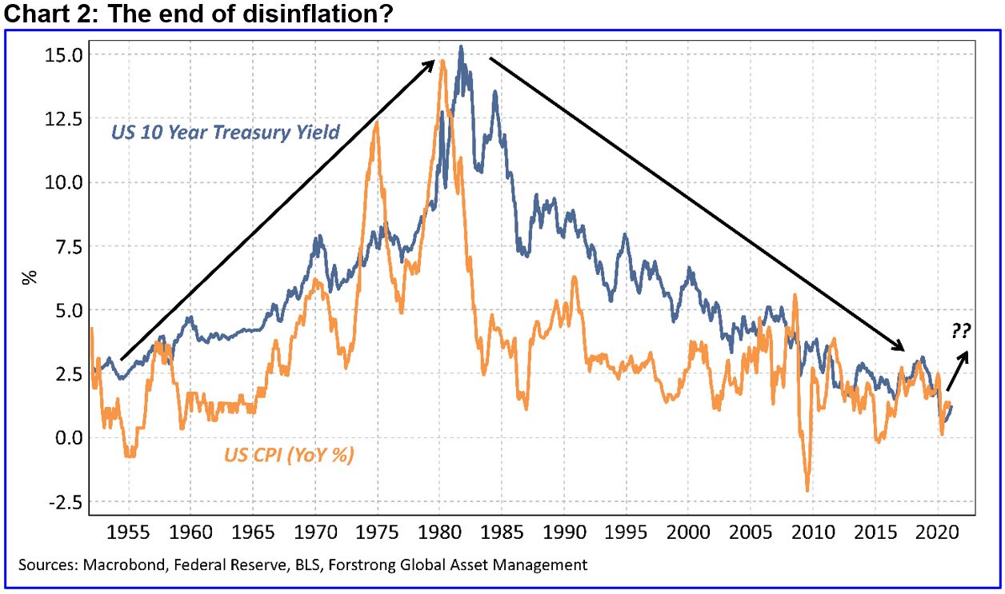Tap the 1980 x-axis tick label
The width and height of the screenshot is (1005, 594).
coord(440,532)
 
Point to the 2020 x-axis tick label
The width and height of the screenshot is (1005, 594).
coord(936,532)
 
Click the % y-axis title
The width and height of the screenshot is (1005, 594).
coord(30,278)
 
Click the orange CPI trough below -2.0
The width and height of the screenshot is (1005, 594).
coord(807,490)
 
